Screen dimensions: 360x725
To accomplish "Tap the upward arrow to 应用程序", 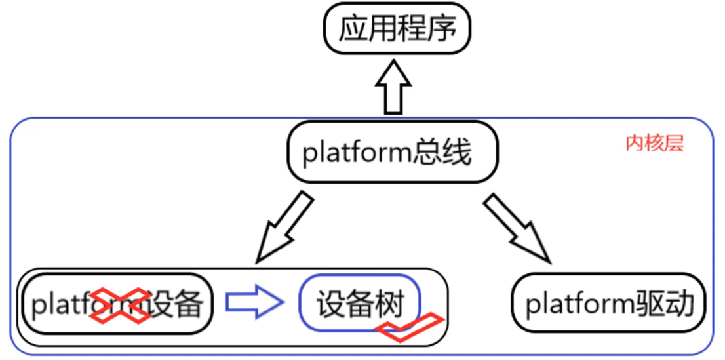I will pos(393,88).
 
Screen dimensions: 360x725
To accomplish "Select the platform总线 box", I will pos(391,152).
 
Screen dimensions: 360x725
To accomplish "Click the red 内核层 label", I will pos(654,144).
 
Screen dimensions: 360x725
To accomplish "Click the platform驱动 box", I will pos(609,304).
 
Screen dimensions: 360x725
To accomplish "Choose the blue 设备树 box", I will pos(360,302).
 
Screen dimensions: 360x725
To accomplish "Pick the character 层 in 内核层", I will pos(675,144).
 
